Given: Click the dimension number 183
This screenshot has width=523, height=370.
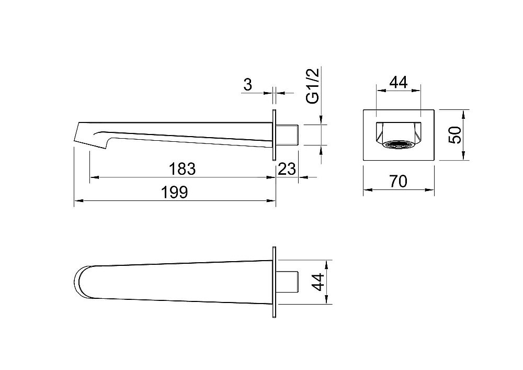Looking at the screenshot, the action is click(182, 169).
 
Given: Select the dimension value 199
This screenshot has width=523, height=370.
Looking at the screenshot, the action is click(175, 193).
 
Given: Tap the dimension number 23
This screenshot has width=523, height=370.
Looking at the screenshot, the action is click(287, 169).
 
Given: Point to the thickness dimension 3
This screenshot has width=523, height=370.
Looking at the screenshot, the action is click(247, 85).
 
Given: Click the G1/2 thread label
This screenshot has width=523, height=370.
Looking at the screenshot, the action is click(313, 86).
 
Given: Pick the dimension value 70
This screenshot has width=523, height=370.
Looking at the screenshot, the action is click(398, 182).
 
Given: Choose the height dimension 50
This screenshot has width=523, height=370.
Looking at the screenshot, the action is click(456, 135).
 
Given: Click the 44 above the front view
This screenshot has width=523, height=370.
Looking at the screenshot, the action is click(399, 82).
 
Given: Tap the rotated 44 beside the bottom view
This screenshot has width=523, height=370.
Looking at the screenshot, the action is click(319, 282).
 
